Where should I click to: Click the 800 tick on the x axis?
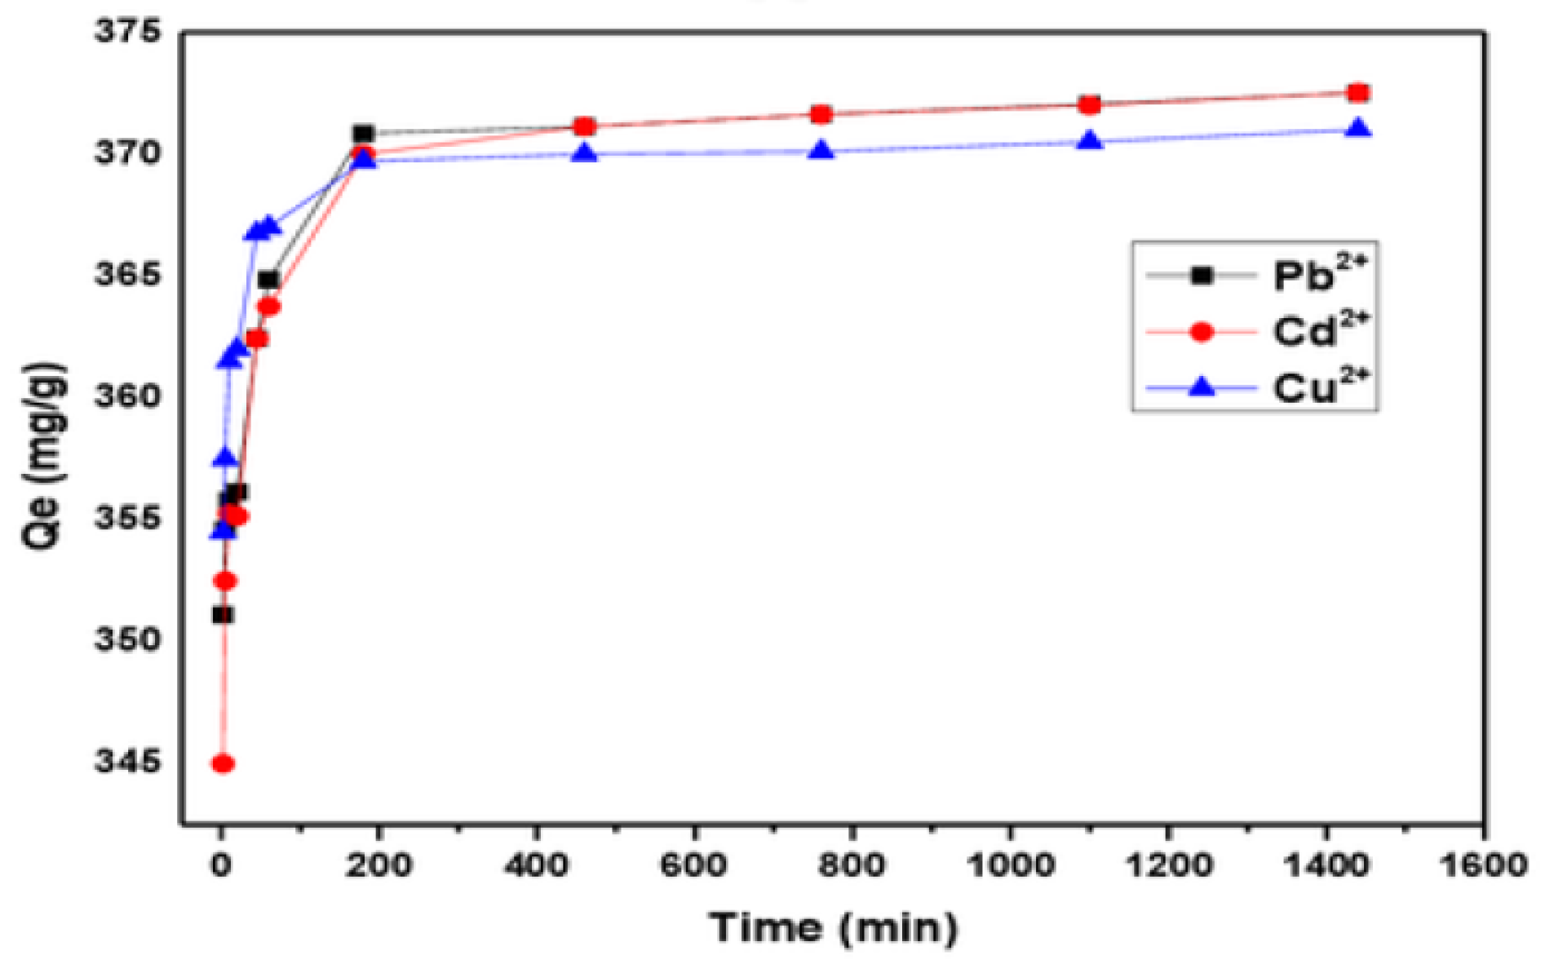(852, 865)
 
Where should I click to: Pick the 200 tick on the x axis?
(378, 865)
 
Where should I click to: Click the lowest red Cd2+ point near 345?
(223, 763)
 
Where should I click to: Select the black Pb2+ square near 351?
(223, 614)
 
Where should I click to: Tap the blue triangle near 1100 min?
(1089, 142)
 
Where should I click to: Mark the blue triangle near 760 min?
(821, 151)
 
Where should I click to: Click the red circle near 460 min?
(584, 126)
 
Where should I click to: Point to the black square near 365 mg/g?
(268, 280)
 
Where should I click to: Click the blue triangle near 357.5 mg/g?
(225, 458)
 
